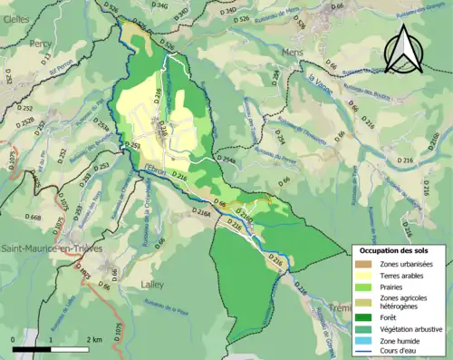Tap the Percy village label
click(39, 43)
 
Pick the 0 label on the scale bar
click(14, 338)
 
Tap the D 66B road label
click(35, 218)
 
